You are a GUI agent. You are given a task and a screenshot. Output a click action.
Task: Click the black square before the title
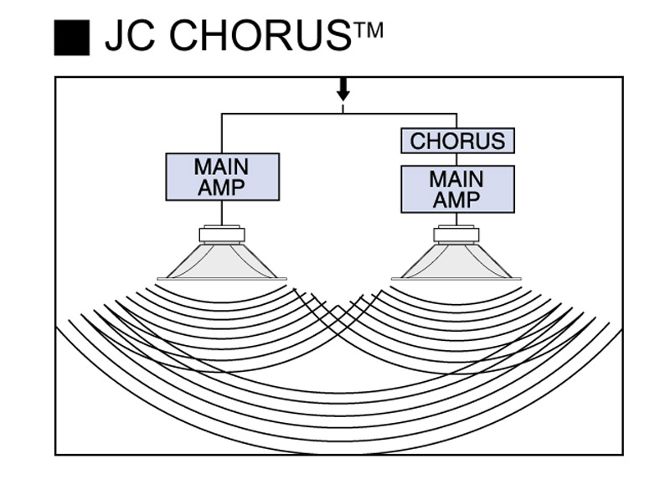tap(72, 38)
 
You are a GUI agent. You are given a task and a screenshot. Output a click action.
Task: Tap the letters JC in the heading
tap(130, 35)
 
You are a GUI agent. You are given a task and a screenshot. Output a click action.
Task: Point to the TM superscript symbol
tap(368, 31)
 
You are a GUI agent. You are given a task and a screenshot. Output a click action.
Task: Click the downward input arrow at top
tap(343, 90)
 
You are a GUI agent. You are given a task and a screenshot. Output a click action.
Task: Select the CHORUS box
tap(457, 141)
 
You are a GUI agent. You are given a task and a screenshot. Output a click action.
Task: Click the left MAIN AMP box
tap(222, 177)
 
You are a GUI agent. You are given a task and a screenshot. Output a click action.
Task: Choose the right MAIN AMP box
tap(457, 189)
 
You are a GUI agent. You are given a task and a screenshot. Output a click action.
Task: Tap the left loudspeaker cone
tap(222, 260)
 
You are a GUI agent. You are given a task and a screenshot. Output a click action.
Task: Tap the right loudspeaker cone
tap(456, 260)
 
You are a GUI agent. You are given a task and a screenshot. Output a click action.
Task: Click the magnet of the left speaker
tap(222, 235)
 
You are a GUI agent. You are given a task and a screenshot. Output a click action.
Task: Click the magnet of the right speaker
tap(456, 235)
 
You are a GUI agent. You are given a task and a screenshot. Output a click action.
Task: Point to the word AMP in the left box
tap(221, 188)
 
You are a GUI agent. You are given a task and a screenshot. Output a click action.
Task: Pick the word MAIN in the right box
tap(456, 178)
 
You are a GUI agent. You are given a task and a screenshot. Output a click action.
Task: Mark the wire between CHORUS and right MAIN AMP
tap(456, 159)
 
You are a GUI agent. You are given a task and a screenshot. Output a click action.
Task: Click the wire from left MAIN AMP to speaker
tap(222, 213)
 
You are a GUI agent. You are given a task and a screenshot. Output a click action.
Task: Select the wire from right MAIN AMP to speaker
tap(456, 219)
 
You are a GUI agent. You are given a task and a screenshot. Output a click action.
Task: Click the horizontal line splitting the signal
tap(339, 114)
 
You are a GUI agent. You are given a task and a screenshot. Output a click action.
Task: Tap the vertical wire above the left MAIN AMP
tap(222, 133)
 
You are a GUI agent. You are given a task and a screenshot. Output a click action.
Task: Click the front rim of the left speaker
tap(222, 279)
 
